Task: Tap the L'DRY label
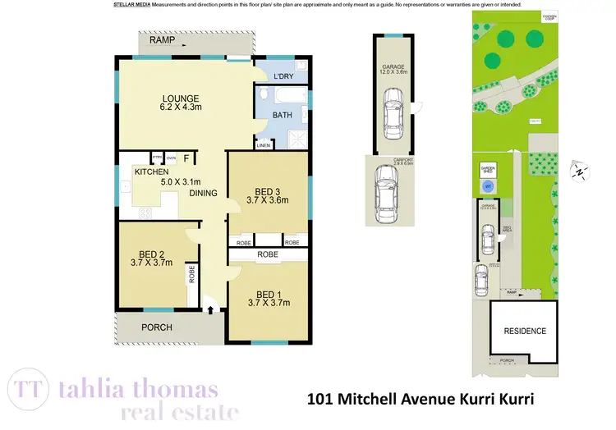(283, 76)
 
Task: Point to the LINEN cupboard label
(263, 145)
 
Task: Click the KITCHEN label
(151, 172)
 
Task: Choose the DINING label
(203, 194)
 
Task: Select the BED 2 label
(151, 253)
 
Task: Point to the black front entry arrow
(211, 309)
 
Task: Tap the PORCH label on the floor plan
(156, 327)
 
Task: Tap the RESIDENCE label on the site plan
(524, 332)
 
